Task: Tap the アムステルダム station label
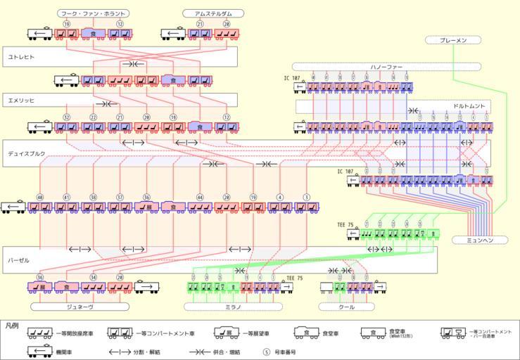coord(213,13)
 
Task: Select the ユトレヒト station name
coord(21,56)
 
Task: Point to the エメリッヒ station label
coord(21,101)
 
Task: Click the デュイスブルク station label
coord(27,153)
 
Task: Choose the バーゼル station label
coord(19,260)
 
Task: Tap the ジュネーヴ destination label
coord(80,307)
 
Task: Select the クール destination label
coord(345,307)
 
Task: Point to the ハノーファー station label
coord(386,67)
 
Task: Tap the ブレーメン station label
coord(452,41)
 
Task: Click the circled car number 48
coord(40,198)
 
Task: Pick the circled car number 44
coord(200,198)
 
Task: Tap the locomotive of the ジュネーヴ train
coord(146,287)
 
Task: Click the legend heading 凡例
coord(12,326)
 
